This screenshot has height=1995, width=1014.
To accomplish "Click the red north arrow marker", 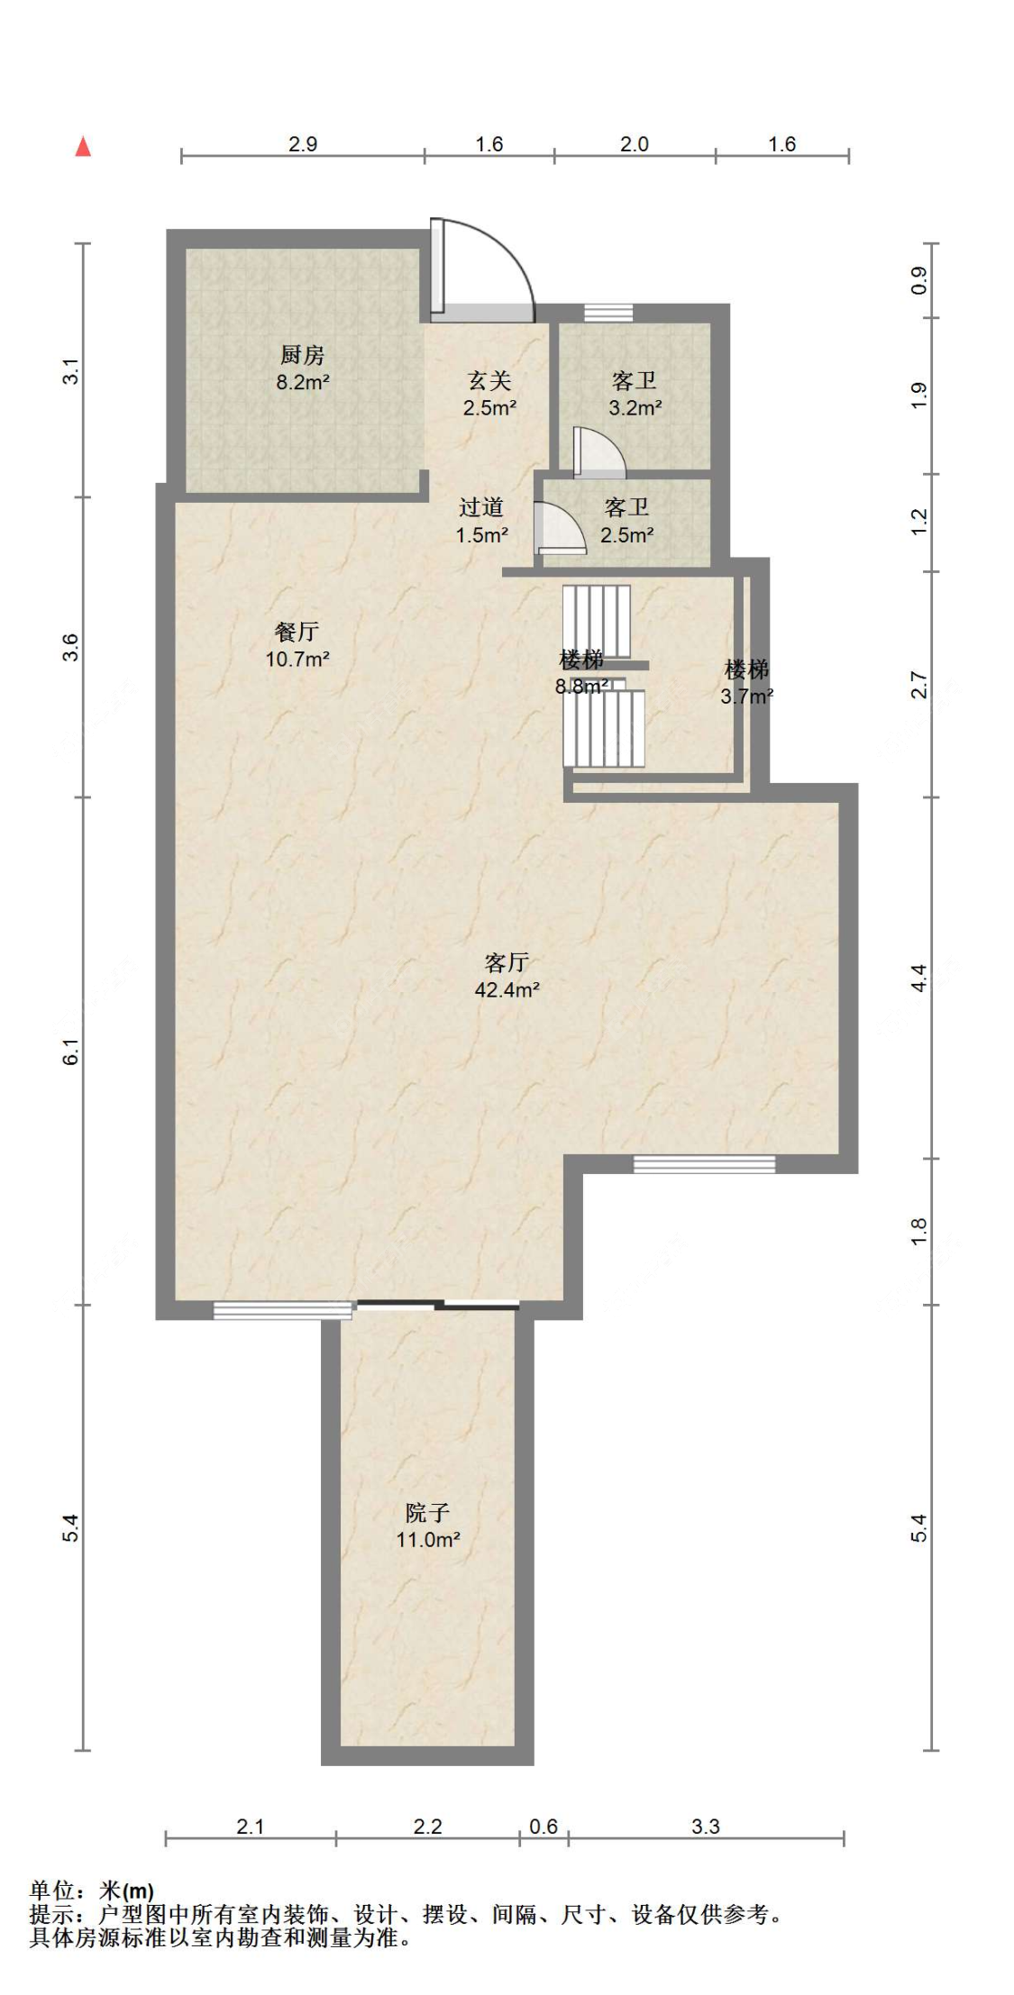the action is pyautogui.click(x=83, y=146).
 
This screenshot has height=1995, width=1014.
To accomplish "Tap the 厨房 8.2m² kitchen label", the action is pyautogui.click(x=303, y=369).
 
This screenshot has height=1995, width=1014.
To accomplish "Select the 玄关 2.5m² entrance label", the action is pyautogui.click(x=489, y=395).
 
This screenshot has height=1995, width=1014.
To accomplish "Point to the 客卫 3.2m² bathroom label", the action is pyautogui.click(x=635, y=395).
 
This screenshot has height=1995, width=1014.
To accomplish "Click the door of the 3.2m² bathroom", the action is pyautogui.click(x=598, y=453).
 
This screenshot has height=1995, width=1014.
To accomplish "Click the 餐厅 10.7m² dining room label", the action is pyautogui.click(x=297, y=645).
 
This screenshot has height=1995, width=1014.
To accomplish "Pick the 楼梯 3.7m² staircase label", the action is pyautogui.click(x=746, y=683).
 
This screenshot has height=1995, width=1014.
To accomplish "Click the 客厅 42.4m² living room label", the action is pyautogui.click(x=507, y=977).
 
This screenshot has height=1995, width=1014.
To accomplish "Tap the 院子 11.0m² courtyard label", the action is pyautogui.click(x=428, y=1526).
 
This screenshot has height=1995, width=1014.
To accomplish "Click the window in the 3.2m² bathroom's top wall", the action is pyautogui.click(x=608, y=313).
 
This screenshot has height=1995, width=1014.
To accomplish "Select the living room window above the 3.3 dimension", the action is pyautogui.click(x=704, y=1164).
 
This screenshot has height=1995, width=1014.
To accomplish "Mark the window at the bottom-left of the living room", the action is pyautogui.click(x=283, y=1311).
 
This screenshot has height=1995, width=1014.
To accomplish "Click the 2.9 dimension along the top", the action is pyautogui.click(x=303, y=144).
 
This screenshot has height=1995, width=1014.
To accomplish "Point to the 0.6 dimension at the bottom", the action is pyautogui.click(x=544, y=1826).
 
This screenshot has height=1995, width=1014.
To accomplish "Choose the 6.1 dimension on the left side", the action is pyautogui.click(x=71, y=1052).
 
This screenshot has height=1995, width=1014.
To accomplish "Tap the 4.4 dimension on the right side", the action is pyautogui.click(x=918, y=978).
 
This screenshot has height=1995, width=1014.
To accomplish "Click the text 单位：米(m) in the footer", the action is pyautogui.click(x=91, y=1890).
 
